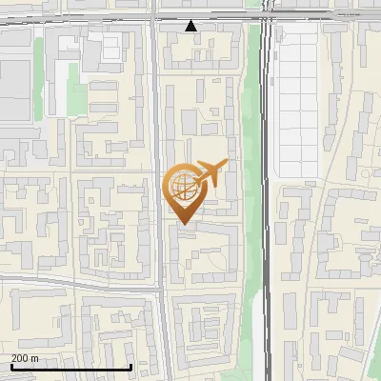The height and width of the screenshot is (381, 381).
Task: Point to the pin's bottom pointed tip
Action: (x=183, y=225)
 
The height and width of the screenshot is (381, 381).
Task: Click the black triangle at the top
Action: (x=191, y=27)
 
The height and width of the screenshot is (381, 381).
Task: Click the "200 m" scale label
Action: (x=25, y=358)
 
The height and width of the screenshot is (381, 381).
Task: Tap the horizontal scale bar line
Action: (x=71, y=367)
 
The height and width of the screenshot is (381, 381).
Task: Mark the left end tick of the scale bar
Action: (x=12, y=366)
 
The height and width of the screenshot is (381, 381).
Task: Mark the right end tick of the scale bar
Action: (x=130, y=366)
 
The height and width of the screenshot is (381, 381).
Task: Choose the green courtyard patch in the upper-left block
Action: (x=76, y=95)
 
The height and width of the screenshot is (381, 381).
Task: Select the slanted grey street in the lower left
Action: (x=76, y=281)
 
